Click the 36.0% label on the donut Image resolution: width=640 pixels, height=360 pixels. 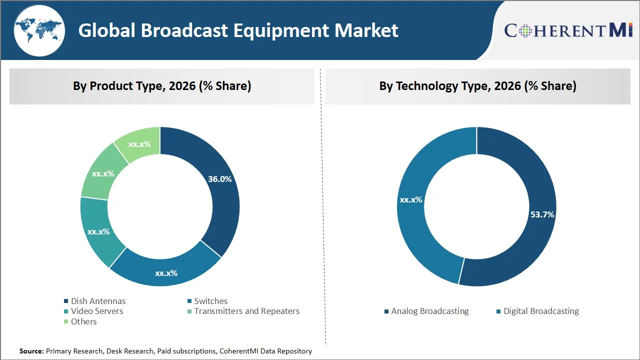pos(219,179)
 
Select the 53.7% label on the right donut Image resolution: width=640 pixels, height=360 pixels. pos(542,214)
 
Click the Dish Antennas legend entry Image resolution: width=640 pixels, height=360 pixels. pos(98,301)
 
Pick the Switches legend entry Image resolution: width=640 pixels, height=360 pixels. pos(210,301)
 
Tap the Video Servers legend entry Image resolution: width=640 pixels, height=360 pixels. pos(96,311)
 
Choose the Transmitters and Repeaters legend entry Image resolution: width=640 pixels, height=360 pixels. pos(246,311)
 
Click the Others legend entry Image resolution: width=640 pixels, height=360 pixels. pos(83,321)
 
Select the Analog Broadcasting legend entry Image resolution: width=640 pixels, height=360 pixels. pos(429,311)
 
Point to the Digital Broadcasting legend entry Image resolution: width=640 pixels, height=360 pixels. pos(540,311)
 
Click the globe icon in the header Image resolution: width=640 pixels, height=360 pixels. pos(39,30)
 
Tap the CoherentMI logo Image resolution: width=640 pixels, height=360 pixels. pos(568,30)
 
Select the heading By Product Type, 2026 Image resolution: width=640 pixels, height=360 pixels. pos(162,86)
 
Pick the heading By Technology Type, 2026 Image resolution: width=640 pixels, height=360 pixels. pos(477,86)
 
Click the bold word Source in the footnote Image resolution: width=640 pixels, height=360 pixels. pos(31,351)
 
